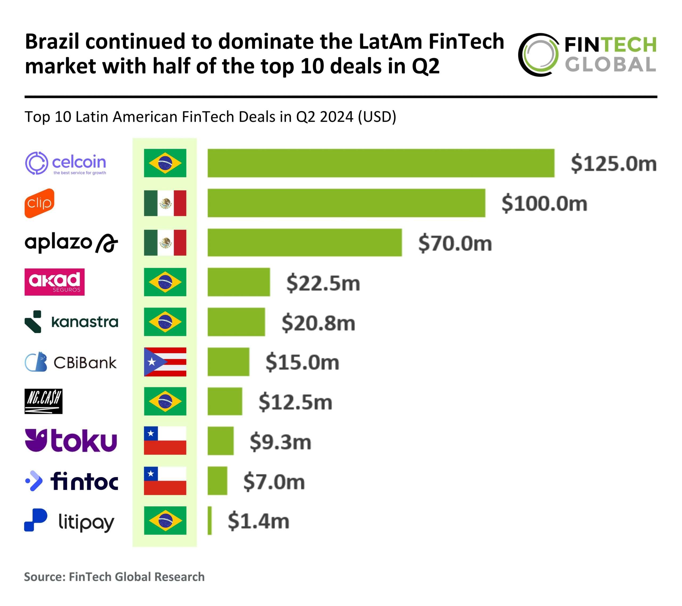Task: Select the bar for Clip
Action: click(x=346, y=203)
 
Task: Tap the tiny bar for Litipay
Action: click(x=210, y=520)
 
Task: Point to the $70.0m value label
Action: click(x=455, y=243)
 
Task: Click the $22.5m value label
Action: click(x=323, y=283)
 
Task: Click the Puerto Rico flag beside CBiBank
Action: click(x=165, y=362)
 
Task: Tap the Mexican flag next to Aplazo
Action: click(x=165, y=243)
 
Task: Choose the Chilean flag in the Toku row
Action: click(x=165, y=441)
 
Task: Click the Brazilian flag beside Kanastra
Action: click(x=165, y=322)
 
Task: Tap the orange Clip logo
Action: click(x=39, y=203)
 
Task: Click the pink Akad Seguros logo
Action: click(x=54, y=282)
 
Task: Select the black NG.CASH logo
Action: click(x=43, y=401)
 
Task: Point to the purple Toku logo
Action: click(x=71, y=441)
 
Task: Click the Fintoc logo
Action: click(x=71, y=481)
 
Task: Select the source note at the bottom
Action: click(x=114, y=577)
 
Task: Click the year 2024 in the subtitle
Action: click(x=336, y=117)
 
